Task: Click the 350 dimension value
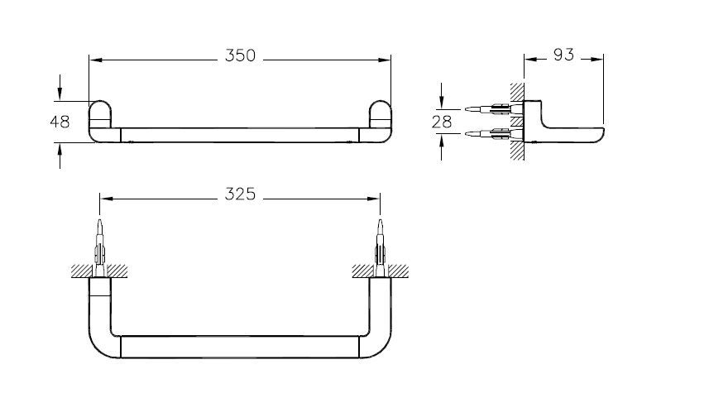[x=240, y=56]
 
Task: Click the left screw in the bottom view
[x=100, y=244]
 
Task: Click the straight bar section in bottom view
[x=240, y=345]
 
